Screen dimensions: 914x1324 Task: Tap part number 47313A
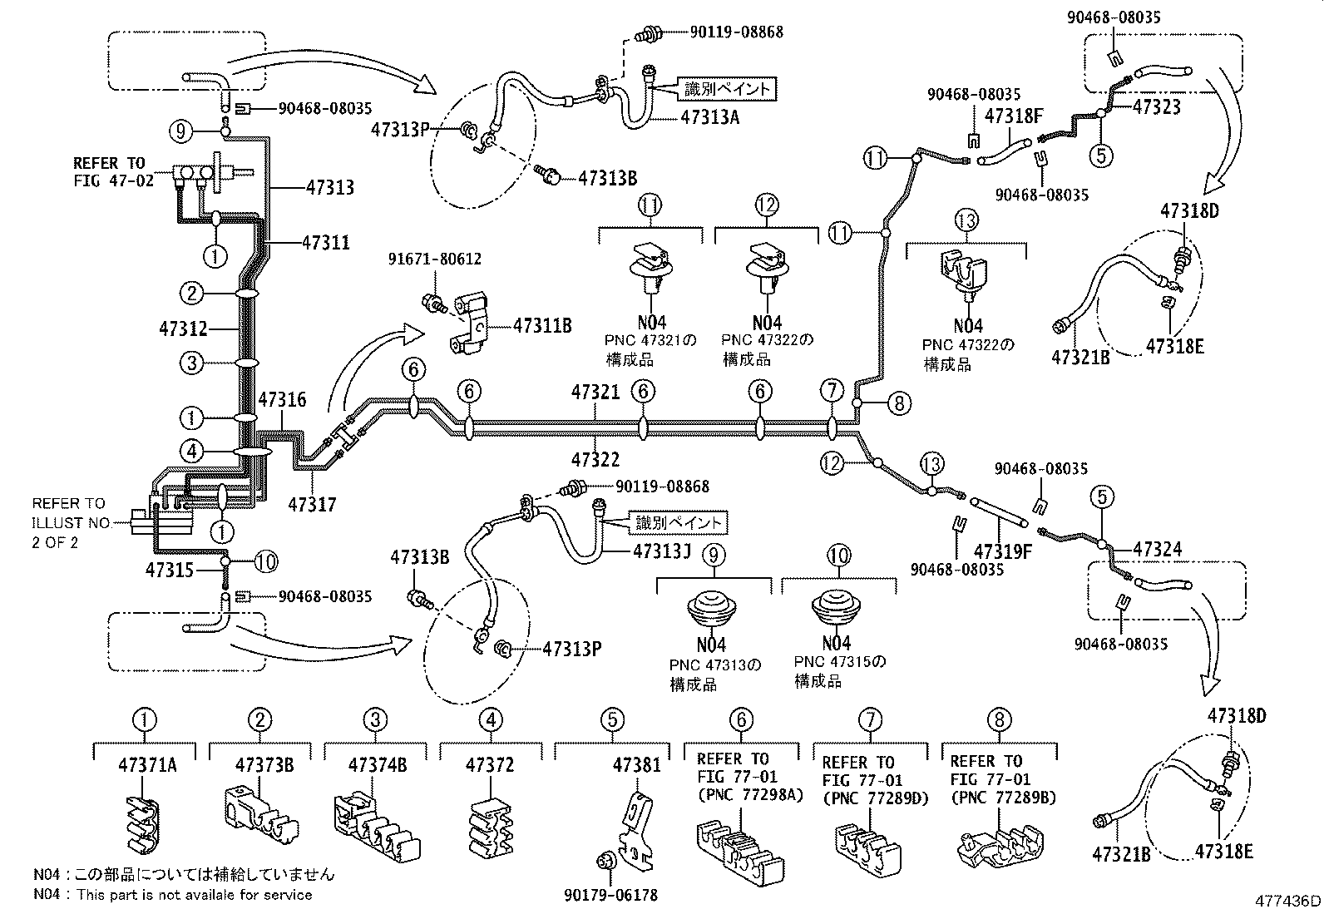pyautogui.click(x=709, y=117)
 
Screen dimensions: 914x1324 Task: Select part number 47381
pyautogui.click(x=637, y=764)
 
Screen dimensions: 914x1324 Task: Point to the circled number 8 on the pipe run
pyautogui.click(x=899, y=403)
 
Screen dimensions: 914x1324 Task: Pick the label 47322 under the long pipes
pyautogui.click(x=595, y=459)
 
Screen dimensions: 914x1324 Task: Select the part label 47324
pyautogui.click(x=1157, y=550)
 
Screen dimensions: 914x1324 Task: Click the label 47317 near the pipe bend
pyautogui.click(x=312, y=504)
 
